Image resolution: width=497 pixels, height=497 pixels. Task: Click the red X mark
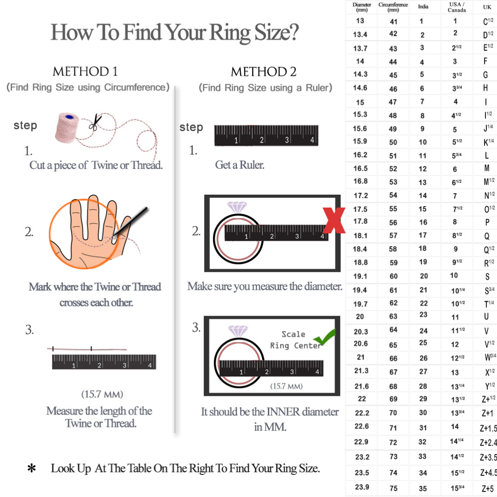click(x=334, y=220)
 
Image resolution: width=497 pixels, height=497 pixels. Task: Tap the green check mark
click(x=324, y=337)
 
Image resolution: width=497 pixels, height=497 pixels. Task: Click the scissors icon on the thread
click(x=95, y=122)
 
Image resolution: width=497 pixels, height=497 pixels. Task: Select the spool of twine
click(x=67, y=127)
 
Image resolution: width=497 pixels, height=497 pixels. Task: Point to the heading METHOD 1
click(x=85, y=71)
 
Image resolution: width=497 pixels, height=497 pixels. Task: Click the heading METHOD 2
click(x=263, y=72)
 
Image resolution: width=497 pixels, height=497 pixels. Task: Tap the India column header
click(x=423, y=6)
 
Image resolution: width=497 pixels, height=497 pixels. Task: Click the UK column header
click(x=487, y=7)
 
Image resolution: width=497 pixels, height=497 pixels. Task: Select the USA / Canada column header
click(x=457, y=7)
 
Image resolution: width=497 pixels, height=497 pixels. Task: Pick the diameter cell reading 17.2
click(x=361, y=196)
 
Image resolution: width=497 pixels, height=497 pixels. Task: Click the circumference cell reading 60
click(x=393, y=276)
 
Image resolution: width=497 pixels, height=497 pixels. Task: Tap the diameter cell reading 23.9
click(x=362, y=487)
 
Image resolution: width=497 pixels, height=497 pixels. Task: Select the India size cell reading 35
click(x=423, y=488)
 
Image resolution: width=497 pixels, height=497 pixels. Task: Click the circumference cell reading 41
click(x=393, y=22)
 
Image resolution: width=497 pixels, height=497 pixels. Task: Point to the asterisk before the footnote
click(x=31, y=468)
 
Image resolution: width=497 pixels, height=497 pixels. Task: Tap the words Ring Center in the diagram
click(x=295, y=346)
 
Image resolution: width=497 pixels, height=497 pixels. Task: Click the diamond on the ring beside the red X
click(x=237, y=207)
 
